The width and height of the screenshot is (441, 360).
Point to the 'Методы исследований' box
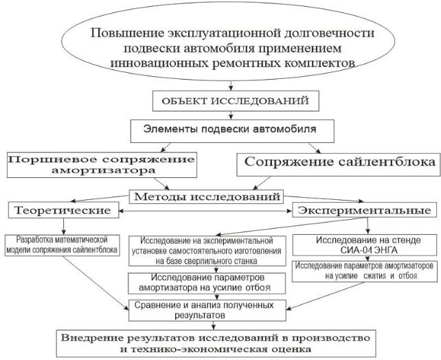click(215, 195)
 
